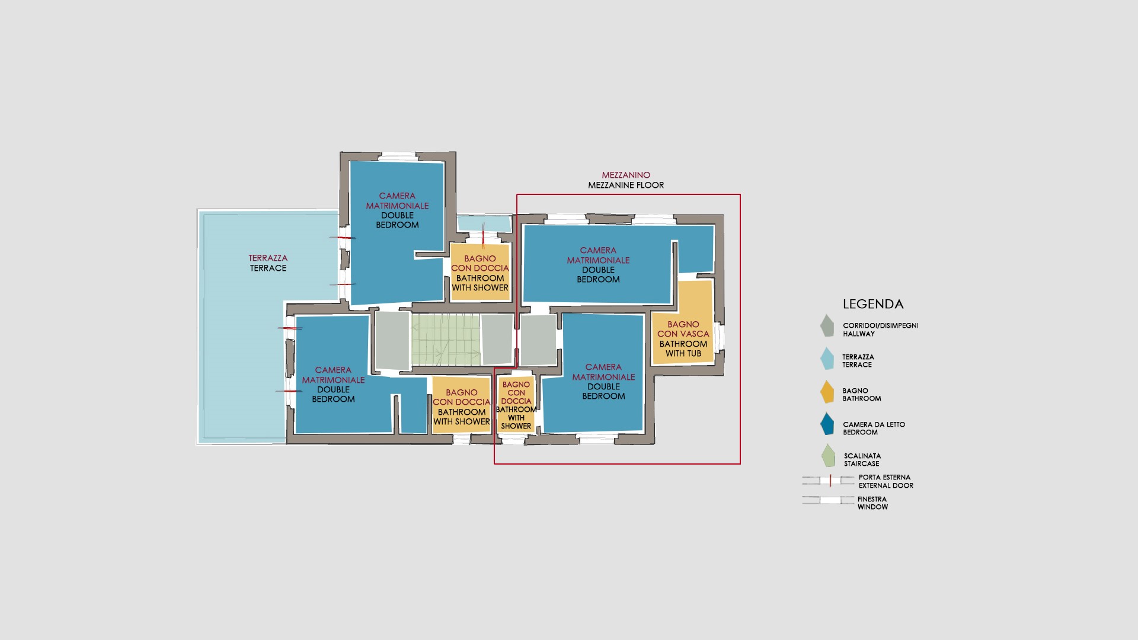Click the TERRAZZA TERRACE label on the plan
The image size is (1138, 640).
268,263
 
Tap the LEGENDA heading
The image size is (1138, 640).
873,304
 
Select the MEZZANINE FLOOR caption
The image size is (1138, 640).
626,185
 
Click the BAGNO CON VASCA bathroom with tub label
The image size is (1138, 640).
683,339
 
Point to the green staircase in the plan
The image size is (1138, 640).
446,340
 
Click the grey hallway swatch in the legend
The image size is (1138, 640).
827,325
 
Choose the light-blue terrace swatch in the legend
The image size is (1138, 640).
827,359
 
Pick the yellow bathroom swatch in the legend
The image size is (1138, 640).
827,392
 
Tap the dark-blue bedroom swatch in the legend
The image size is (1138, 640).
827,424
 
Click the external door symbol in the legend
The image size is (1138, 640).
829,481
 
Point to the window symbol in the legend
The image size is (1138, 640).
829,500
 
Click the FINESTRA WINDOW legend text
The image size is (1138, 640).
872,503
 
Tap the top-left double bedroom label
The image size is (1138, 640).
397,210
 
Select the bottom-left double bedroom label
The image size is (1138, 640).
333,385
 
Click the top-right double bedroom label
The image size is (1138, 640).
598,265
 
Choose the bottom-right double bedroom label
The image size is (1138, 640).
603,382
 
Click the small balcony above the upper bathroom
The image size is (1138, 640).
484,223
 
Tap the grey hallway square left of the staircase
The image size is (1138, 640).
392,340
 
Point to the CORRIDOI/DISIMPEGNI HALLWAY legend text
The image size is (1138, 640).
880,329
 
